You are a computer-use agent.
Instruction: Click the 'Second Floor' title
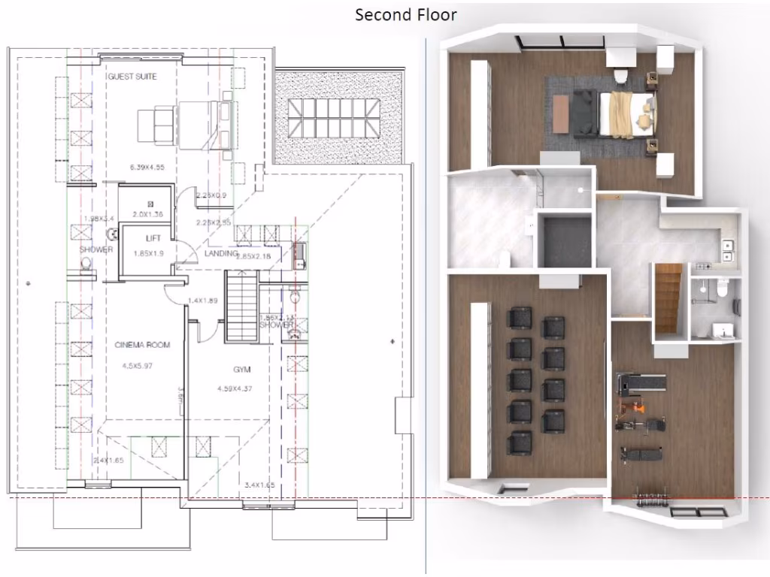(405, 14)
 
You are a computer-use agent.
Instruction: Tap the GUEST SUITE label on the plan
(132, 77)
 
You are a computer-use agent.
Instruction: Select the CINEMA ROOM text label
(142, 346)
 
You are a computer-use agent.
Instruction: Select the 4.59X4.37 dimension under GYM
(236, 388)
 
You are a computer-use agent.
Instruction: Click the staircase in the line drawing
(242, 308)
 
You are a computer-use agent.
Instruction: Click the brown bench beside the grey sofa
(561, 114)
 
